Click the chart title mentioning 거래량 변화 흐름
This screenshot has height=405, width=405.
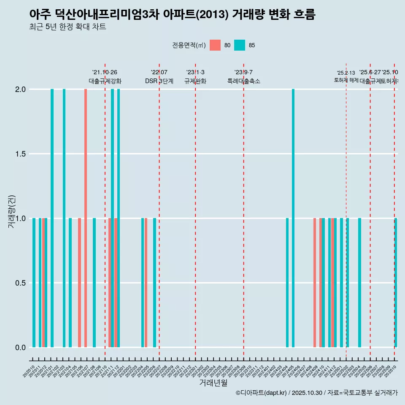172,14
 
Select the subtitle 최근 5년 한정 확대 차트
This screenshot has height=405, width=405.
67,27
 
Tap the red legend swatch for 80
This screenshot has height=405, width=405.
215,45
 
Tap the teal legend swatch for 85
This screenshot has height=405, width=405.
240,45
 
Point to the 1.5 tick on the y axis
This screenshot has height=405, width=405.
20,154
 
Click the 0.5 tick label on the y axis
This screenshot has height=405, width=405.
20,283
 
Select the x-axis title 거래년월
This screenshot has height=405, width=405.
213,383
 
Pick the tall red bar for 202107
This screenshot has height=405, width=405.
86,218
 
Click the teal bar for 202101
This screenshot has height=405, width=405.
52,218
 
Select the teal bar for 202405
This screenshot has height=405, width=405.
293,218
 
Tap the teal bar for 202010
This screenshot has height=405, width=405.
34,283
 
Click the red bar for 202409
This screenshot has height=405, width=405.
315,283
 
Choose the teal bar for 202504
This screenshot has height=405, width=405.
359,283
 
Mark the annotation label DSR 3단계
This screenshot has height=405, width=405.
159,81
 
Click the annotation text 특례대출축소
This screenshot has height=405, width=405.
243,81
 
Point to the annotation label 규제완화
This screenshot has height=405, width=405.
195,81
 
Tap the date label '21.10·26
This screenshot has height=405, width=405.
105,72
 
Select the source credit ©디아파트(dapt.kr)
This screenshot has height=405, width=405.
261,393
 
